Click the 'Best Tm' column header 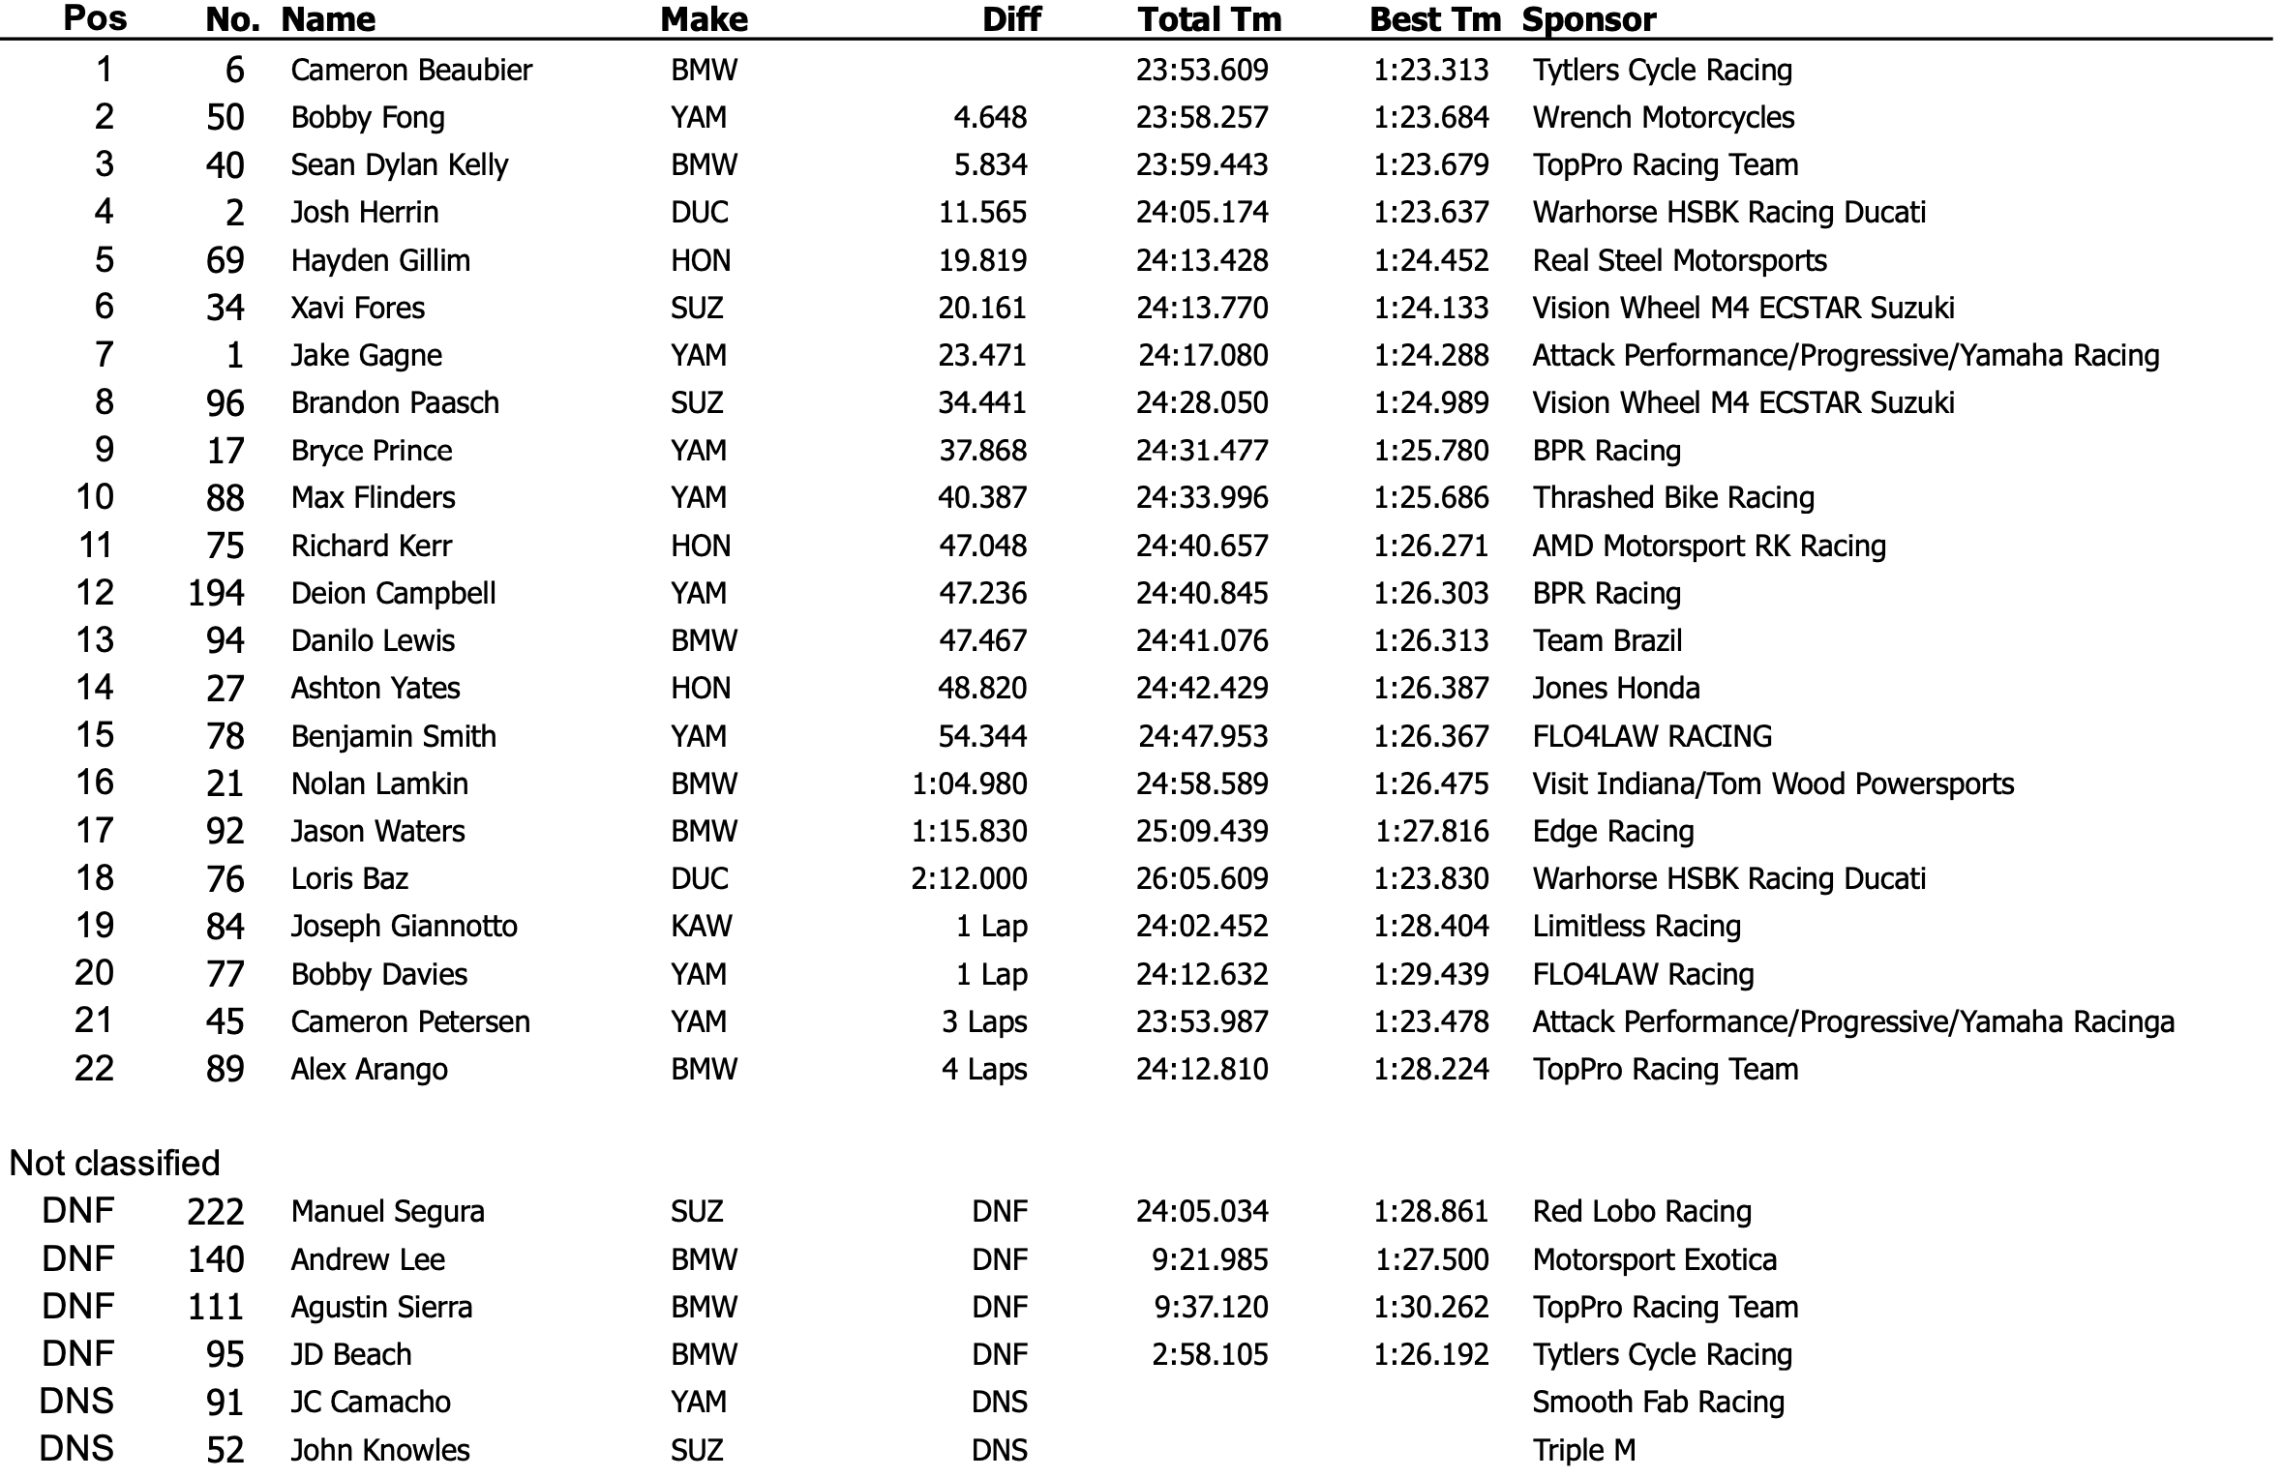coord(1434,19)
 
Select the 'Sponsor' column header coord(1589,19)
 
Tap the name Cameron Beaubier coord(411,70)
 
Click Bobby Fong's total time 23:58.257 coord(1202,117)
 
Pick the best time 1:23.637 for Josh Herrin coord(1431,212)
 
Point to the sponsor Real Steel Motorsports coord(1679,260)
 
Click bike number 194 coord(216,593)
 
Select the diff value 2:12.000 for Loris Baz coord(969,878)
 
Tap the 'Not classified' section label coord(114,1163)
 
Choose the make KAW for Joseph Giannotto coord(702,926)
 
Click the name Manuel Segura coord(387,1211)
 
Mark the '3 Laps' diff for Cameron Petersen coord(984,1021)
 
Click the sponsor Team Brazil coord(1607,640)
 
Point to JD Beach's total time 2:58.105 coord(1210,1354)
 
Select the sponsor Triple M coord(1584,1450)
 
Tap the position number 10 coord(95,497)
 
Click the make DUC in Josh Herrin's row coord(700,212)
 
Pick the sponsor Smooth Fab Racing coord(1659,1402)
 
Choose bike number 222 coord(216,1211)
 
